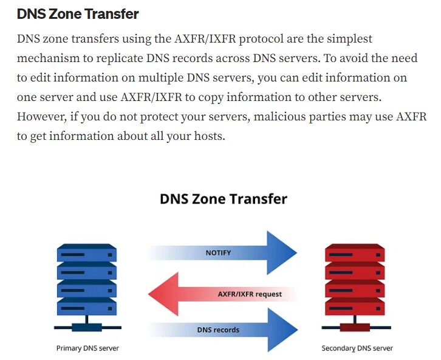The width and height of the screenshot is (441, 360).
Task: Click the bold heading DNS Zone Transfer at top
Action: coord(78,13)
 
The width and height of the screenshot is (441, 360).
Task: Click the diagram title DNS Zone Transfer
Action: coord(223,199)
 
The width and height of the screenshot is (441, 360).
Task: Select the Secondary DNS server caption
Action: coord(357,348)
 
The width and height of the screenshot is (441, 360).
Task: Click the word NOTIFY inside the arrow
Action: coord(218,252)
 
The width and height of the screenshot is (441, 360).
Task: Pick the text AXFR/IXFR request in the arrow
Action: coord(250,294)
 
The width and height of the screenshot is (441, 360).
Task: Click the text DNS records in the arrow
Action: coord(218,330)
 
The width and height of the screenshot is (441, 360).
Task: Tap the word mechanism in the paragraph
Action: coord(49,58)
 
